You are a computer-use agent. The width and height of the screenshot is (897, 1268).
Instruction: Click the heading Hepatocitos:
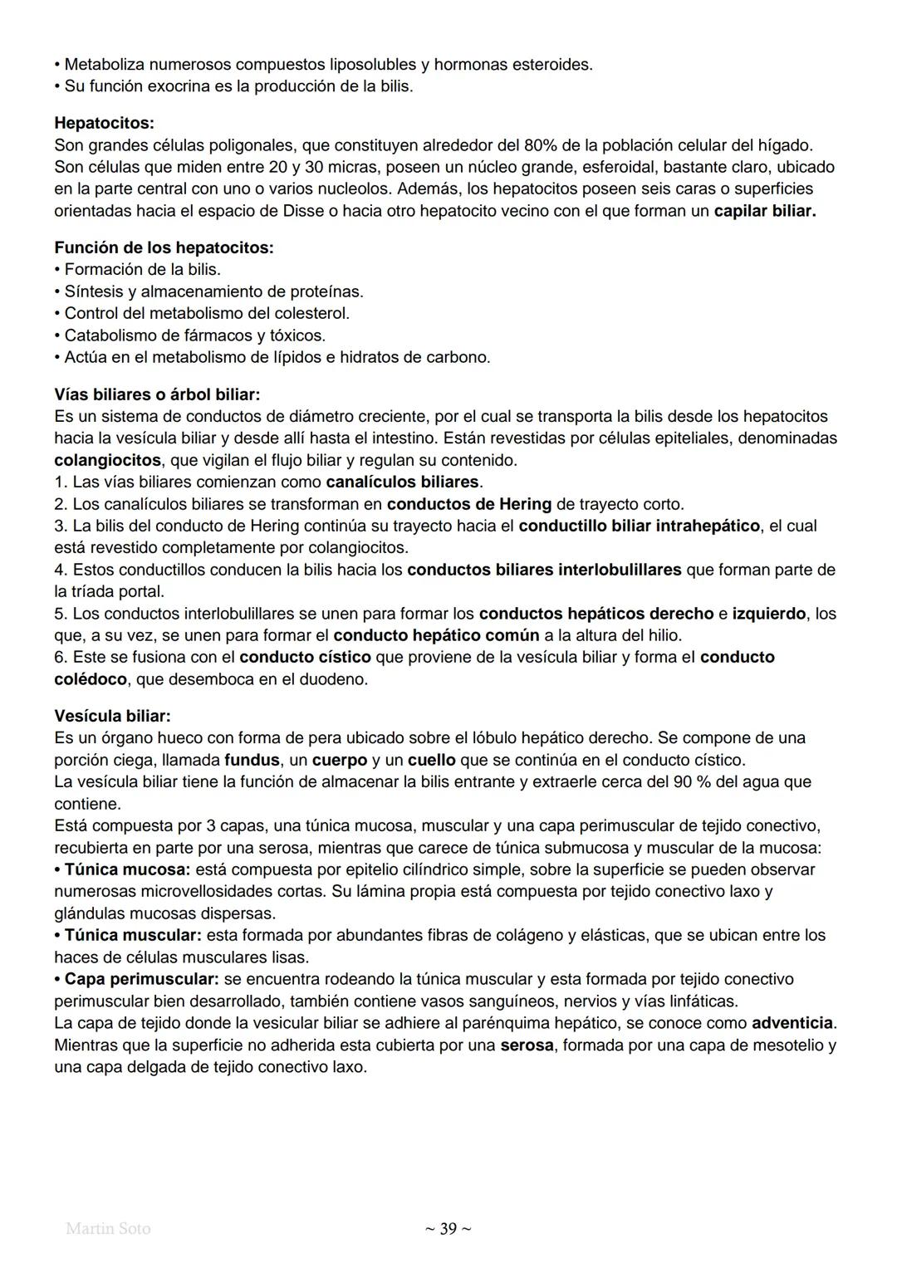tap(104, 123)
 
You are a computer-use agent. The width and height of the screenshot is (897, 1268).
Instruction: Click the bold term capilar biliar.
tap(764, 211)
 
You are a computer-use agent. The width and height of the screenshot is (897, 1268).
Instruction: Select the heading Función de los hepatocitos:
tap(164, 247)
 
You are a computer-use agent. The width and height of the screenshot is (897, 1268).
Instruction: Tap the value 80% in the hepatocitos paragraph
tap(542, 145)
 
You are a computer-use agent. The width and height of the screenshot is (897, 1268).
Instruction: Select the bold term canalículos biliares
tap(403, 482)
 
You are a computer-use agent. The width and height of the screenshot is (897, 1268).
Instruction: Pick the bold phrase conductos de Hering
tap(468, 504)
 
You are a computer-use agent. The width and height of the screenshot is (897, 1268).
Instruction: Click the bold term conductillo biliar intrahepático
tap(639, 526)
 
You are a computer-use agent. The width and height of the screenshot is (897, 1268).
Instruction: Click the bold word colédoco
tap(91, 679)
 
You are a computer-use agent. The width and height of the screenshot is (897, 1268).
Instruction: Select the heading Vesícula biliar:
tap(112, 716)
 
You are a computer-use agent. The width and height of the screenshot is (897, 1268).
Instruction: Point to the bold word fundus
tap(252, 760)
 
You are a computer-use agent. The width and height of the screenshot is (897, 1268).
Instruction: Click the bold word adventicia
tap(792, 1023)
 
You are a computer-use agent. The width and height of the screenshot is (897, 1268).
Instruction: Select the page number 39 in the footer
tap(448, 1229)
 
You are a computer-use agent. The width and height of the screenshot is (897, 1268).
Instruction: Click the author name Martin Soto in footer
tap(108, 1228)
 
